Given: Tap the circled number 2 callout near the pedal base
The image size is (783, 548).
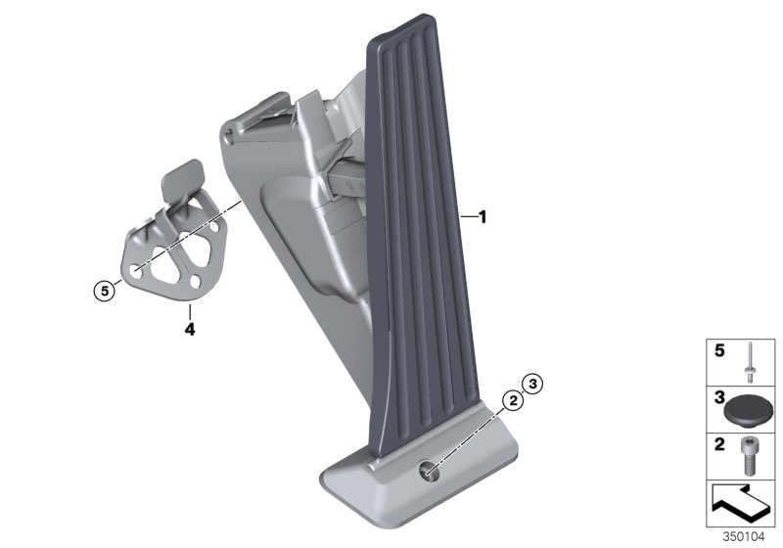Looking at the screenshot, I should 510,399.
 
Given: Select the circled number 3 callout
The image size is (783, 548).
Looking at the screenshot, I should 531,383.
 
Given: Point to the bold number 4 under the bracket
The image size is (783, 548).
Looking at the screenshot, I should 190,330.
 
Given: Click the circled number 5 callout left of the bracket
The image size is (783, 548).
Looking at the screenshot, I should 100,289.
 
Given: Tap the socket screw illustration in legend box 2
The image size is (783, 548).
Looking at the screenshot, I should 749,455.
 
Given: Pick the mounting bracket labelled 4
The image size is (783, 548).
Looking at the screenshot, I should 167,254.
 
